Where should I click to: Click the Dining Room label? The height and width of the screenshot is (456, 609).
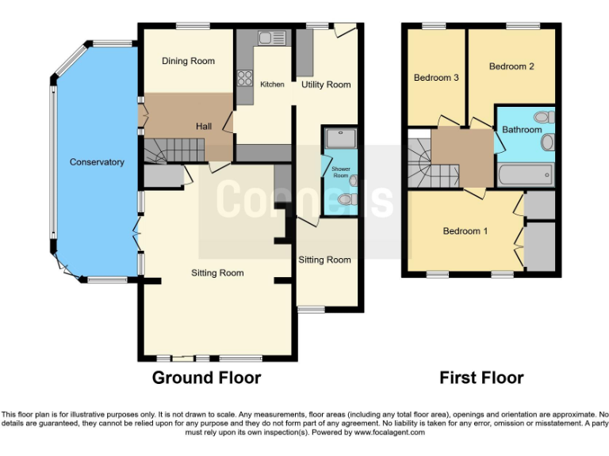click(x=188, y=61)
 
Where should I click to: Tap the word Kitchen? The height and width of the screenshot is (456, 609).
click(x=272, y=85)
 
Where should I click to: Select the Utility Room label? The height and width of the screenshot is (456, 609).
click(x=325, y=85)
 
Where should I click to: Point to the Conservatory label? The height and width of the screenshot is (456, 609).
click(x=97, y=162)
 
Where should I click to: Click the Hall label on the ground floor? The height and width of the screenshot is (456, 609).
click(x=204, y=127)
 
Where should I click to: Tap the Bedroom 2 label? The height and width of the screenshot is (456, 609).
click(x=511, y=66)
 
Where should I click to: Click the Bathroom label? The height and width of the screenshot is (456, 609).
click(x=521, y=130)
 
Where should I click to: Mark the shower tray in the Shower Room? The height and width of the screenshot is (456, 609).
click(x=339, y=137)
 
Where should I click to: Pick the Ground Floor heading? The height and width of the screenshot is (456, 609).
click(x=206, y=378)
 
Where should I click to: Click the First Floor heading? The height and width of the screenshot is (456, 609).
click(x=481, y=378)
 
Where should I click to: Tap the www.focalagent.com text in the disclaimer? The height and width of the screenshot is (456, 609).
click(x=390, y=433)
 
